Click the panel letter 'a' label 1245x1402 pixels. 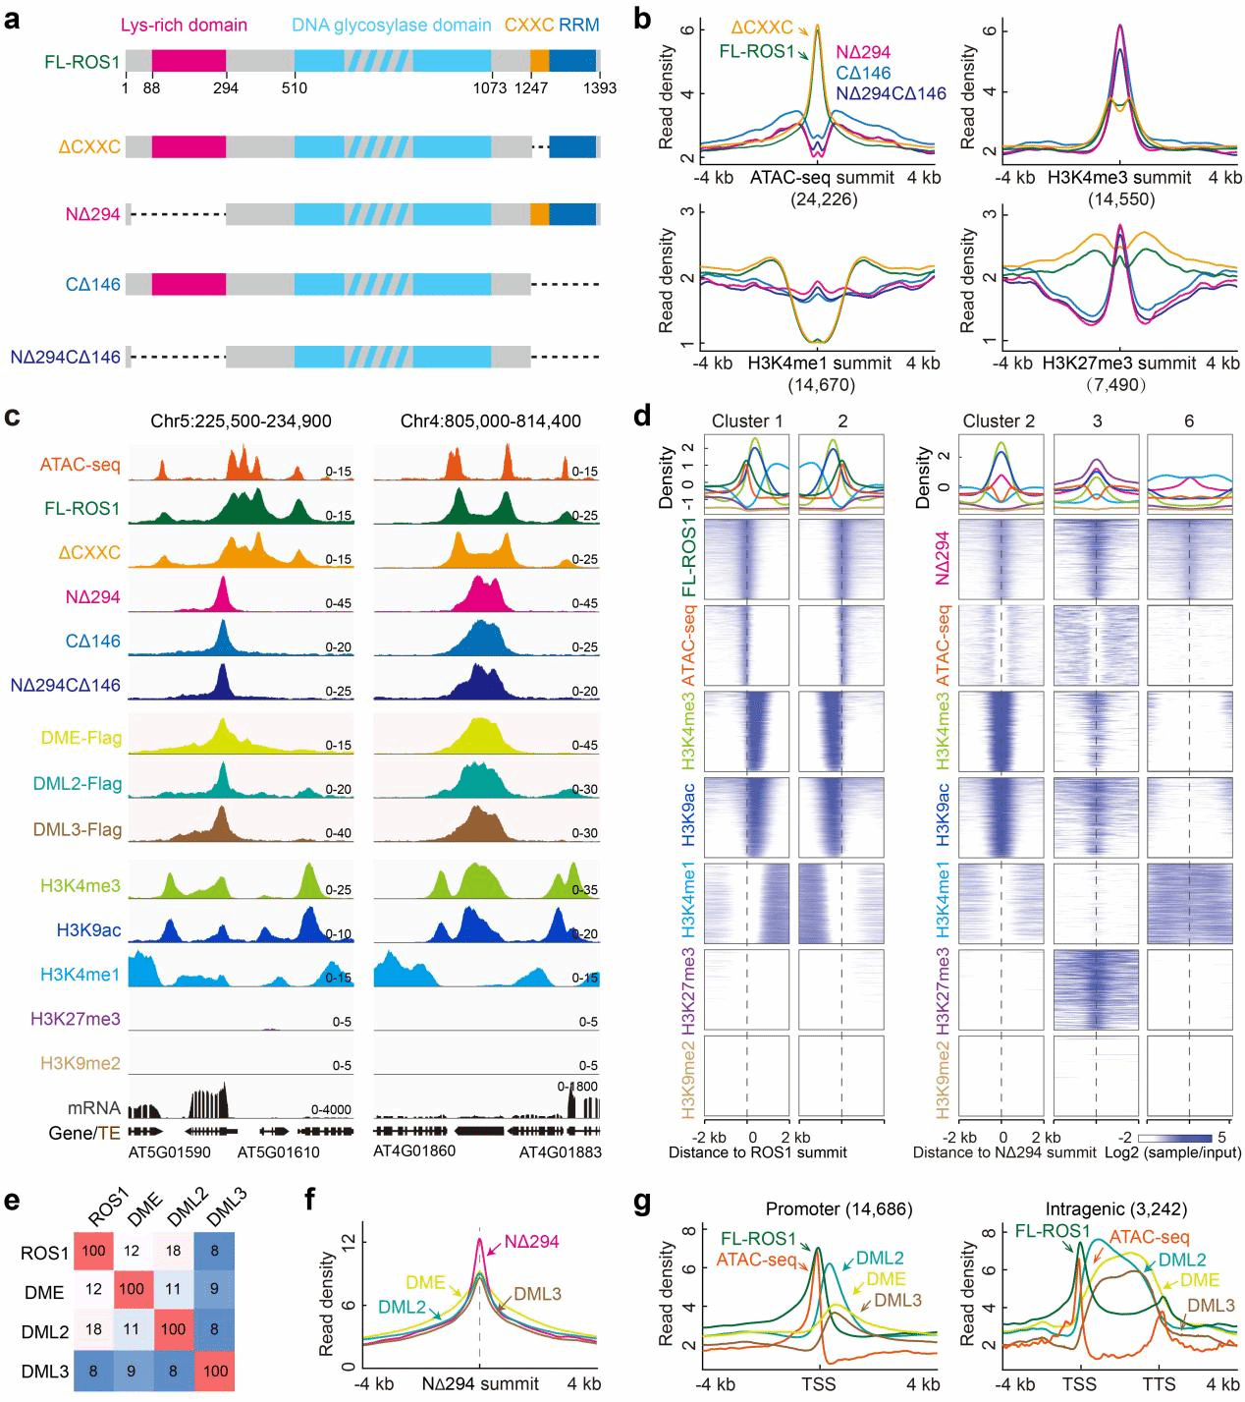(13, 19)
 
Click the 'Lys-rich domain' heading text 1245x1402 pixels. (184, 25)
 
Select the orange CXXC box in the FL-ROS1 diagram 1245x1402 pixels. (539, 61)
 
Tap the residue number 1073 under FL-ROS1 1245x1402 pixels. (489, 87)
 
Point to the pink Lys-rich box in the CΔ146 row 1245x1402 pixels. (189, 284)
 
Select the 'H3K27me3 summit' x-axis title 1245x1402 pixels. (1120, 363)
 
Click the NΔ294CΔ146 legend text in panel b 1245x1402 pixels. (891, 93)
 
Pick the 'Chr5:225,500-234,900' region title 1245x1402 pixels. (241, 421)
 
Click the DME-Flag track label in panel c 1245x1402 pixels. (81, 739)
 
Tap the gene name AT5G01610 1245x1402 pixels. (278, 1151)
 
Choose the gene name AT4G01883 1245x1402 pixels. (560, 1151)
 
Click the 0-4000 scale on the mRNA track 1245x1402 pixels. (331, 1109)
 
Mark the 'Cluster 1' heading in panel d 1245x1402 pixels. (747, 421)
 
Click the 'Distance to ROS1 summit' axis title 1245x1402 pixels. (757, 1151)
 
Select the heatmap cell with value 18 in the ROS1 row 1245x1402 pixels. (173, 1253)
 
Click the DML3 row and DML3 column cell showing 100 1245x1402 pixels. (215, 1371)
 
